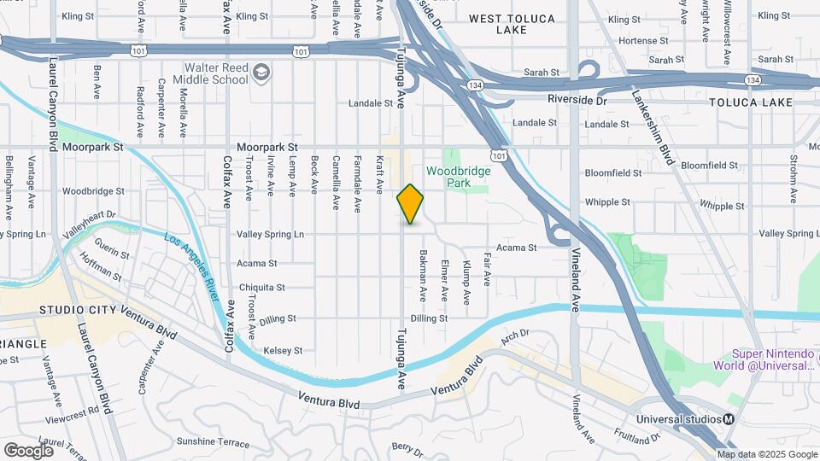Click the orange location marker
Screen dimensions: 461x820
411,203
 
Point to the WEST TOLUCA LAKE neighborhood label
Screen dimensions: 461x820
512,24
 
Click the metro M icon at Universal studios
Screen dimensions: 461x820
729,419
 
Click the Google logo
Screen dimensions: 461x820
29,449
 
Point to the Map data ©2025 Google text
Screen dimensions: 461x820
767,454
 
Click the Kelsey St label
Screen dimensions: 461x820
283,351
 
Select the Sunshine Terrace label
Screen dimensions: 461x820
213,443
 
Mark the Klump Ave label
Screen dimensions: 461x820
466,282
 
